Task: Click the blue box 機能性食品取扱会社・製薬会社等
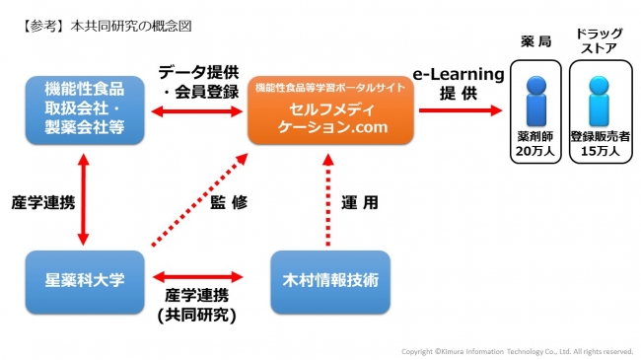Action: click(x=83, y=109)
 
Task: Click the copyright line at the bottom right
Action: click(x=517, y=350)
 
